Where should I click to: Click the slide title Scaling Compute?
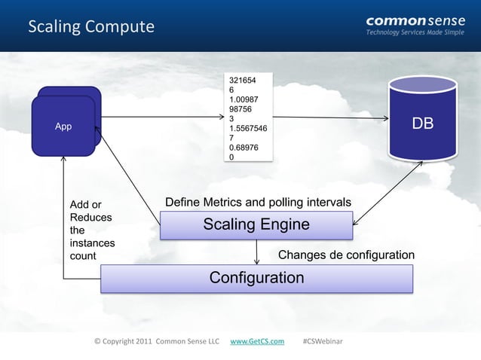tap(90, 27)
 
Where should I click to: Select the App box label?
tap(64, 127)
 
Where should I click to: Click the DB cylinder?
tap(421, 123)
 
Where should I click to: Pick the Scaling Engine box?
tap(256, 224)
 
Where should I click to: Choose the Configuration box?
tap(256, 278)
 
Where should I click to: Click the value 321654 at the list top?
tap(243, 80)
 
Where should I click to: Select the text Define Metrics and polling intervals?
tap(257, 203)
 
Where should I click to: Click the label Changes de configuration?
tap(346, 255)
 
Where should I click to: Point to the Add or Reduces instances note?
tap(91, 230)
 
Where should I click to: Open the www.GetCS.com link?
tap(256, 341)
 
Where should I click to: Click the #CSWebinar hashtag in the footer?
tap(322, 341)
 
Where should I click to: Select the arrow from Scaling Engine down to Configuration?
tap(257, 251)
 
